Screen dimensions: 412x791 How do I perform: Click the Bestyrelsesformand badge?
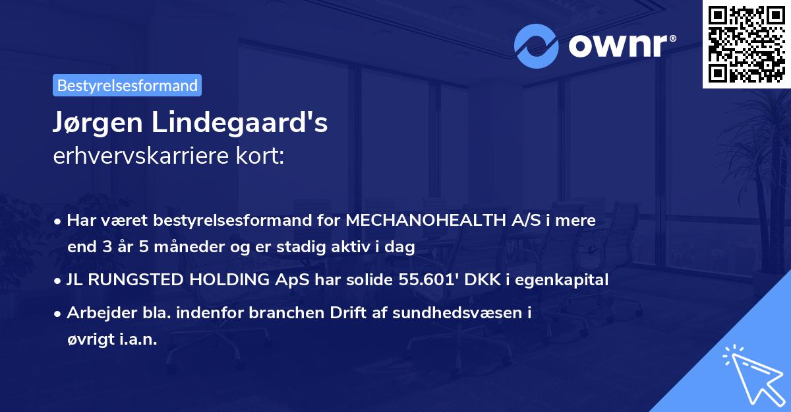pos(127,85)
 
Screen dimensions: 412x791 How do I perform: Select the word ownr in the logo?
pos(622,45)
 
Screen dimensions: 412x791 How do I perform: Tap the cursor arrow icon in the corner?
pos(751,373)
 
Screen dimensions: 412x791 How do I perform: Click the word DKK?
pos(484,280)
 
